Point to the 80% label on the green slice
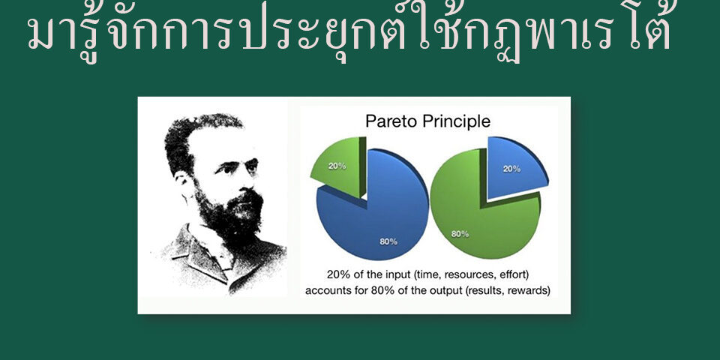tap(460, 234)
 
